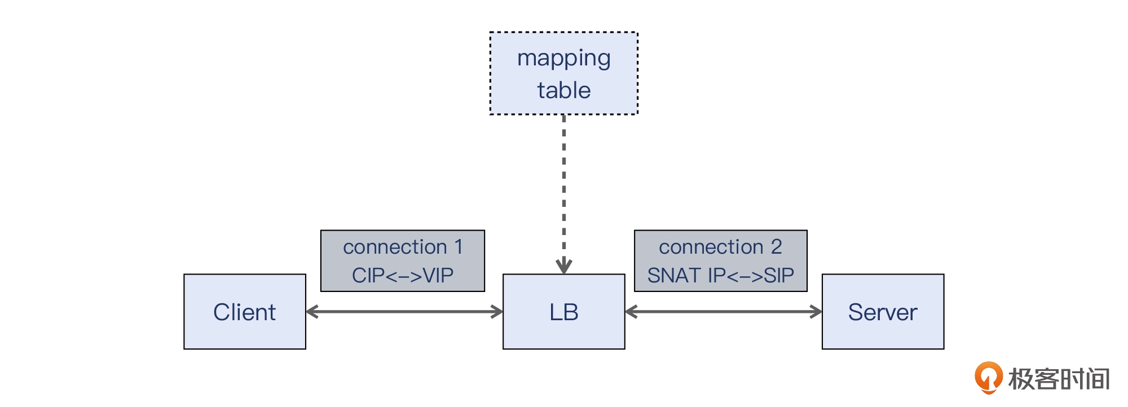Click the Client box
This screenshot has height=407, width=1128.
point(245,312)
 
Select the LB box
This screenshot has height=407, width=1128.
point(564,312)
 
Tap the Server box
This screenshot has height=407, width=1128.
point(883,312)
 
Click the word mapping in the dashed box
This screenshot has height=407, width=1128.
point(564,59)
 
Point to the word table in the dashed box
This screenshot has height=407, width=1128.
point(564,90)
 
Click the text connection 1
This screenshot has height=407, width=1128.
point(403,247)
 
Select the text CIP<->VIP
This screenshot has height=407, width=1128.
point(403,275)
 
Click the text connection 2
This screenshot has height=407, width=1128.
point(720,247)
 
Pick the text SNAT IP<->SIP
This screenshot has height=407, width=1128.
point(720,275)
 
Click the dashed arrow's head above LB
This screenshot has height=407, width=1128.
point(564,266)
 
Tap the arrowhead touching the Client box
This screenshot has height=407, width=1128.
point(312,312)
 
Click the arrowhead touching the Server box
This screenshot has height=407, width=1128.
point(816,312)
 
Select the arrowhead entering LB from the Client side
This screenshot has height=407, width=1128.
point(496,312)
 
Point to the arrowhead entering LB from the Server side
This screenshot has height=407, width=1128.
point(632,312)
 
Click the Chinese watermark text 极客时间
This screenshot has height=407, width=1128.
point(1059,379)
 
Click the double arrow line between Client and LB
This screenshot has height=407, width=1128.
point(404,312)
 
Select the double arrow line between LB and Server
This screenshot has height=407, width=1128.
point(724,312)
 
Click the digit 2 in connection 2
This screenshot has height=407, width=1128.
point(777,246)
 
